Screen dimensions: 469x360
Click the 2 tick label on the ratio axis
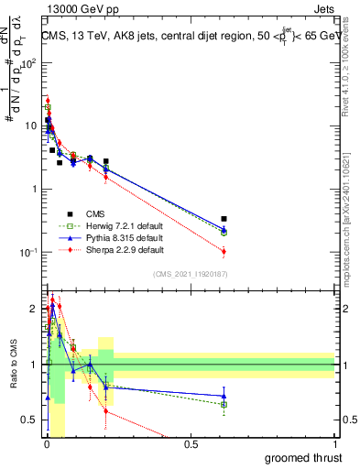[x=34, y=309]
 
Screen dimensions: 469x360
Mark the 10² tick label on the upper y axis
[x=29, y=63]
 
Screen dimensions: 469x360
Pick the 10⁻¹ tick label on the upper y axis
[x=29, y=252]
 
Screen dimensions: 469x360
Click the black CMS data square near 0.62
[x=224, y=219]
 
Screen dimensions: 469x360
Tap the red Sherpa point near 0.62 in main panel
[x=224, y=251]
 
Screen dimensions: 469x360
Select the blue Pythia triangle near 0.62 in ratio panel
[x=224, y=397]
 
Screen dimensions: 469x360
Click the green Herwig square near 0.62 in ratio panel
[x=224, y=404]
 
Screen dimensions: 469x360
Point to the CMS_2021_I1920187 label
[x=194, y=274]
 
